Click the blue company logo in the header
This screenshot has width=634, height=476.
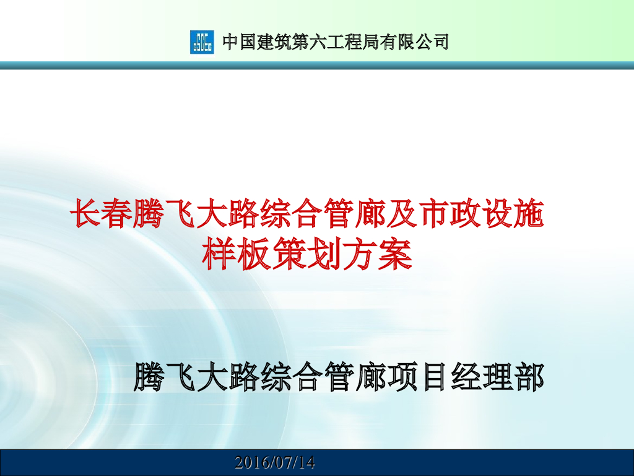[x=201, y=42]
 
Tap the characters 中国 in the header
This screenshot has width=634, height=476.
[x=238, y=42]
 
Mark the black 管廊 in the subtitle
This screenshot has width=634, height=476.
[x=355, y=377]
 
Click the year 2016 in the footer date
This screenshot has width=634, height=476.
[x=251, y=462]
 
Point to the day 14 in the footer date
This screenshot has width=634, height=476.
[x=305, y=462]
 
